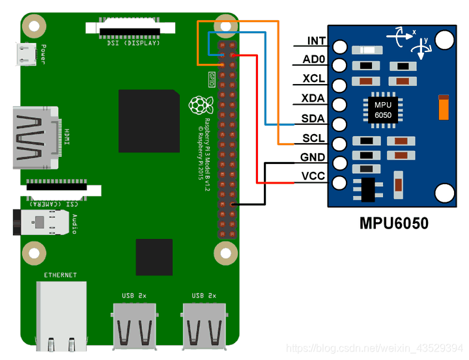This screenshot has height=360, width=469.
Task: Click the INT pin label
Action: pyautogui.click(x=317, y=41)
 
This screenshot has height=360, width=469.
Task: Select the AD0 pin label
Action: pyautogui.click(x=315, y=61)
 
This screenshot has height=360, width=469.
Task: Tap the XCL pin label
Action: pyautogui.click(x=315, y=79)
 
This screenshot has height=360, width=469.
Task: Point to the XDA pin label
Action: pyautogui.click(x=315, y=99)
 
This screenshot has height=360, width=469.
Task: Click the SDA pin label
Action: pyautogui.click(x=314, y=119)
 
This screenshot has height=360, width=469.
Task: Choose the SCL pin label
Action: pyautogui.click(x=314, y=139)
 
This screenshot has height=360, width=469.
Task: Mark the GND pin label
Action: pyautogui.click(x=313, y=158)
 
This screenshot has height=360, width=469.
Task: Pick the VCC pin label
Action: pyautogui.click(x=313, y=176)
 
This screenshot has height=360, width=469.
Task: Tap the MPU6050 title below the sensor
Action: pyautogui.click(x=394, y=223)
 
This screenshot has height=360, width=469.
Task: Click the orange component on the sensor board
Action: pyautogui.click(x=444, y=107)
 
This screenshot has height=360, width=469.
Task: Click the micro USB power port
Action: pyautogui.click(x=27, y=53)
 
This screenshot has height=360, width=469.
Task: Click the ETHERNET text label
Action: pyautogui.click(x=60, y=275)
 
